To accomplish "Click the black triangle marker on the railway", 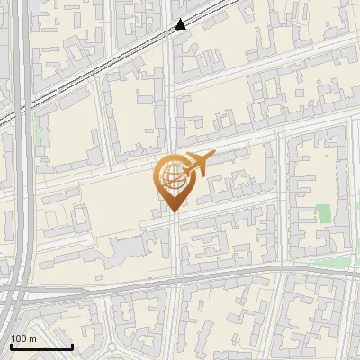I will pos(181,24).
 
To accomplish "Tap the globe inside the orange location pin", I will pos(169,177).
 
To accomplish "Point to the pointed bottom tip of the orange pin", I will pos(171,211).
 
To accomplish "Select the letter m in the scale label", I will pos(32,337).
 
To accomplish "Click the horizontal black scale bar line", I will pos(41,346).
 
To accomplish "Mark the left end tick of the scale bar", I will pos(11,345).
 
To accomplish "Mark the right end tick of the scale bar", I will pos(72,345).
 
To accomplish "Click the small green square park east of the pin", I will pos(324,214).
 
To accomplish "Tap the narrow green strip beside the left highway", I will pos(38,135).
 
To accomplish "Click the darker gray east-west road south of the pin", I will pos(234,276).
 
